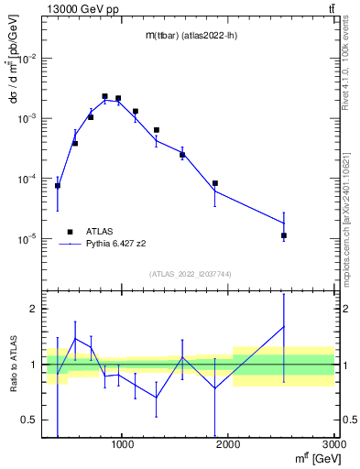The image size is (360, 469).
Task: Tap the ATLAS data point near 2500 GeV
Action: click(284, 235)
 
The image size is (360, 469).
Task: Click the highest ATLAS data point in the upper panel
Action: click(104, 96)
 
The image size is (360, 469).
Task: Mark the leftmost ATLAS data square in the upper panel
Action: click(58, 186)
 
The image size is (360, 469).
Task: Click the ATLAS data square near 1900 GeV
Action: click(215, 183)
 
